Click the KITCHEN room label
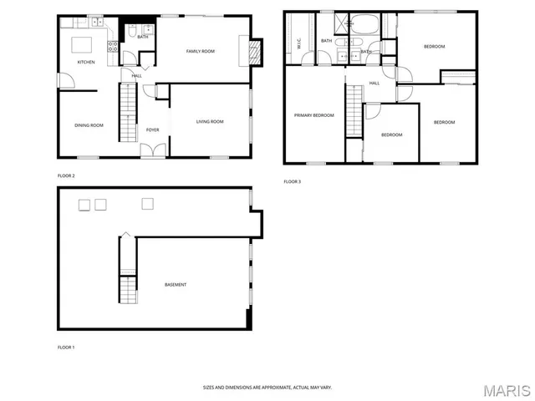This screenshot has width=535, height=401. (x=86, y=63)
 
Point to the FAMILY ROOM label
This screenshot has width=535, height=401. (x=200, y=52)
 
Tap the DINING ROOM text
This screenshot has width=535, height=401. (x=89, y=125)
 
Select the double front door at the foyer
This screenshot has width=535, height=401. (x=152, y=150)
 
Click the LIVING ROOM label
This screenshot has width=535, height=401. (x=210, y=122)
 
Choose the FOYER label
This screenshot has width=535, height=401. (x=152, y=129)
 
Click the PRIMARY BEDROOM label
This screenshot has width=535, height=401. (x=313, y=114)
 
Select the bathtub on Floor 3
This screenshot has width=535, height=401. (x=363, y=23)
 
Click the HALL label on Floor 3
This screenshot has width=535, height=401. (x=374, y=83)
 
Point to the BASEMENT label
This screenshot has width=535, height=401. (x=176, y=285)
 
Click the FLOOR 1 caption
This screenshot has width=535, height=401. (x=66, y=347)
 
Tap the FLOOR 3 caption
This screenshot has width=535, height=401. (x=292, y=181)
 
